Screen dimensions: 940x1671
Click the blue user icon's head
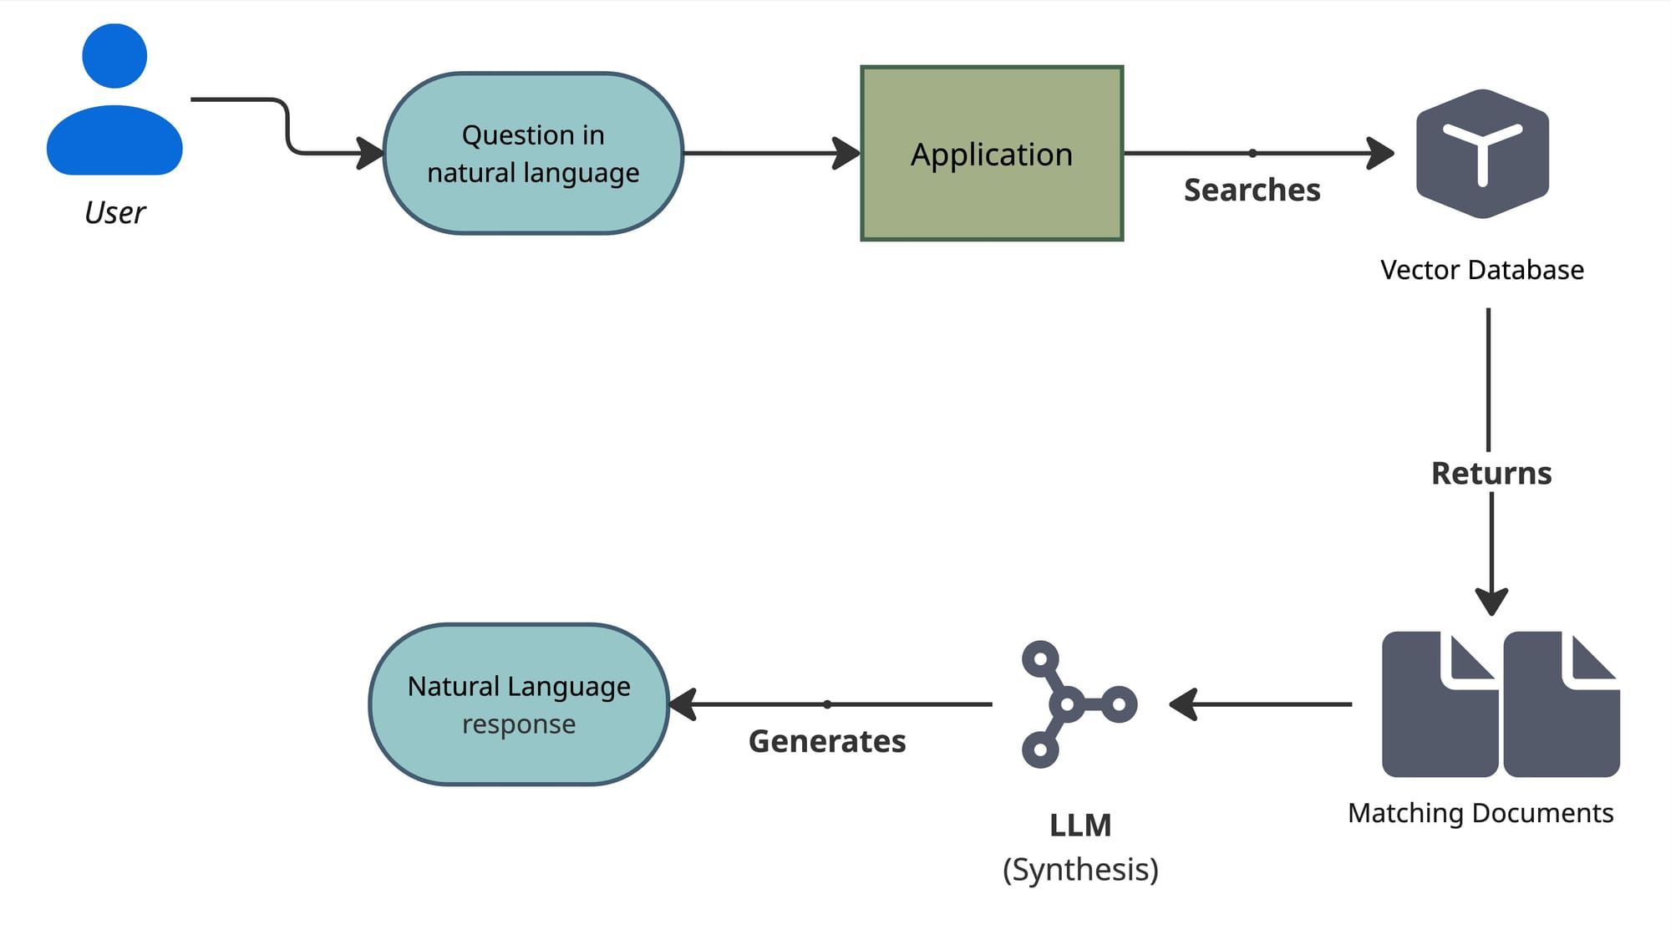tap(114, 56)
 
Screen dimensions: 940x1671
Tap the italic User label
tap(114, 213)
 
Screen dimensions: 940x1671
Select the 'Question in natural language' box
tap(533, 154)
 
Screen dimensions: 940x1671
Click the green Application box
tap(992, 154)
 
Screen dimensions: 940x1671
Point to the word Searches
tap(1252, 191)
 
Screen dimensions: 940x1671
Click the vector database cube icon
tap(1482, 154)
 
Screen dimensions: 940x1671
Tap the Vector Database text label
tap(1481, 270)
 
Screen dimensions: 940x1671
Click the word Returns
tap(1491, 474)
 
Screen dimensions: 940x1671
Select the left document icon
tap(1440, 704)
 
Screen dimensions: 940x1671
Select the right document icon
tap(1561, 704)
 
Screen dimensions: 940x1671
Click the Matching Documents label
tap(1481, 813)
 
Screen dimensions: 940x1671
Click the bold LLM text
tap(1080, 826)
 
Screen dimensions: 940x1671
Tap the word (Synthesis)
tap(1080, 870)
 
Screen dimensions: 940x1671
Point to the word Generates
tap(827, 741)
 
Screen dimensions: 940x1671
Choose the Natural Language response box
tap(519, 704)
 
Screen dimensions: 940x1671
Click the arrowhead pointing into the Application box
tap(848, 154)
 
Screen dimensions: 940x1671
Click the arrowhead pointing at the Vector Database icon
tap(1381, 154)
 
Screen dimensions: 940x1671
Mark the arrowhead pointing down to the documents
tap(1491, 602)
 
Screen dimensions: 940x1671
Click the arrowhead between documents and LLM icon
tap(1183, 704)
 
